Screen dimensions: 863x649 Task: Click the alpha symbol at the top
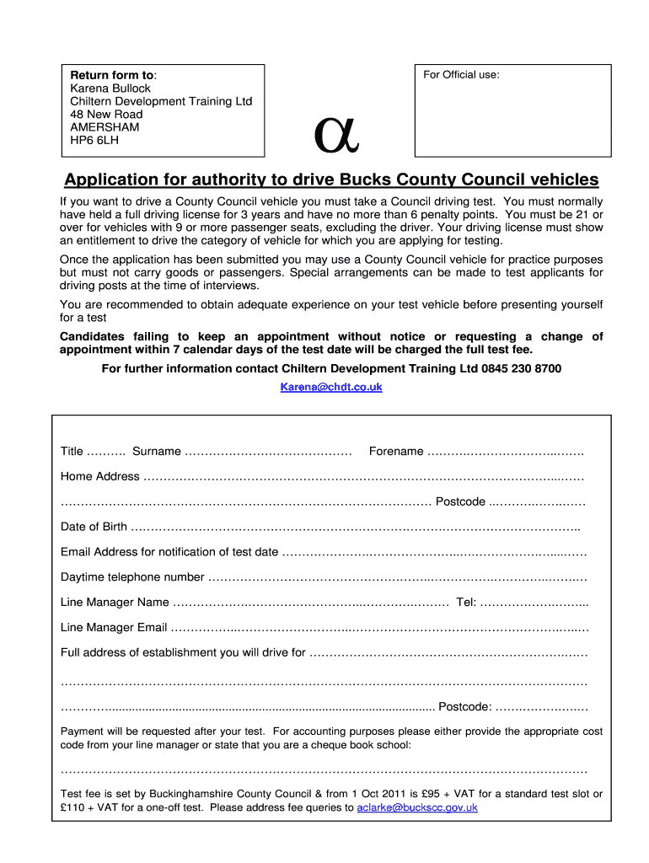[x=336, y=133]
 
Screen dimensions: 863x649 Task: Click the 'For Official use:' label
[x=461, y=75]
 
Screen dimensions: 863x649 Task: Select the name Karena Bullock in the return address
[x=110, y=88]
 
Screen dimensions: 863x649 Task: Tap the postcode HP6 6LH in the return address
[x=94, y=140]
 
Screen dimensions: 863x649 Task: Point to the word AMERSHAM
[x=105, y=127]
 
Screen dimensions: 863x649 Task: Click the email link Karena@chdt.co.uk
[x=331, y=387]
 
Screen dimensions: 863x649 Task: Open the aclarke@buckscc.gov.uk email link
[x=417, y=807]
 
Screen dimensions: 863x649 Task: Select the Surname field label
[x=156, y=452]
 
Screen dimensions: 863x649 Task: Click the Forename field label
[x=396, y=452]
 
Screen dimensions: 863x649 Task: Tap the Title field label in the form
[x=72, y=452]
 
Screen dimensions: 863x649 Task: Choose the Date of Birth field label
[x=94, y=527]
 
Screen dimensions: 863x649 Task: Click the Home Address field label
[x=99, y=477]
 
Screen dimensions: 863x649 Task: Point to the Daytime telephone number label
[x=132, y=577]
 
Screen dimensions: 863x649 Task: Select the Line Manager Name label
[x=115, y=603]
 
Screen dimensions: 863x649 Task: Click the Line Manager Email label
[x=114, y=628]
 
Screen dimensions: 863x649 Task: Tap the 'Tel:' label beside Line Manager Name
[x=466, y=603]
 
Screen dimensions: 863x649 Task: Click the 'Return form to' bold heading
[x=111, y=75]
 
